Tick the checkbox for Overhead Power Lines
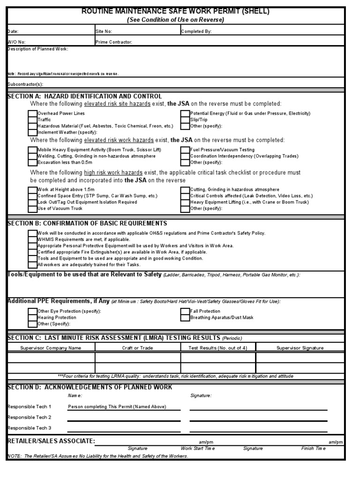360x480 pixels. point(32,113)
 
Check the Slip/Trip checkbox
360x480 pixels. point(185,120)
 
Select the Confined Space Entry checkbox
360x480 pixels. point(32,196)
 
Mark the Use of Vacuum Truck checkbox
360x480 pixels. point(32,208)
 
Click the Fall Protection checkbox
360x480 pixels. point(185,311)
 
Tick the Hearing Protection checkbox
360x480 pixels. point(32,317)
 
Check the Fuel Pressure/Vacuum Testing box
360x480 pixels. point(185,150)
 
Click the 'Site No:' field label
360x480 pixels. point(104,32)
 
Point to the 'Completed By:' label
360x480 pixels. point(196,32)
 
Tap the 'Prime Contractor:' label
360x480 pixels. point(114,42)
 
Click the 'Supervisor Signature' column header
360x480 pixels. point(300,348)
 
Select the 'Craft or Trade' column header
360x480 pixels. point(137,348)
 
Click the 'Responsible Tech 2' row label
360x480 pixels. point(30,417)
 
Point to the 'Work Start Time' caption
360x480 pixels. point(198,449)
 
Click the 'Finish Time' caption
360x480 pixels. point(313,449)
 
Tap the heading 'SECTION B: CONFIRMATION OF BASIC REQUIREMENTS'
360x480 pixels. point(87,224)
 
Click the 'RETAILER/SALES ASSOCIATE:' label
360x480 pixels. point(52,441)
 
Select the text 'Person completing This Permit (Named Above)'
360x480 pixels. point(117,407)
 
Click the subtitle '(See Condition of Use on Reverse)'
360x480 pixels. point(176,20)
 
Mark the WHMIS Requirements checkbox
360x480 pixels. point(32,240)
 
